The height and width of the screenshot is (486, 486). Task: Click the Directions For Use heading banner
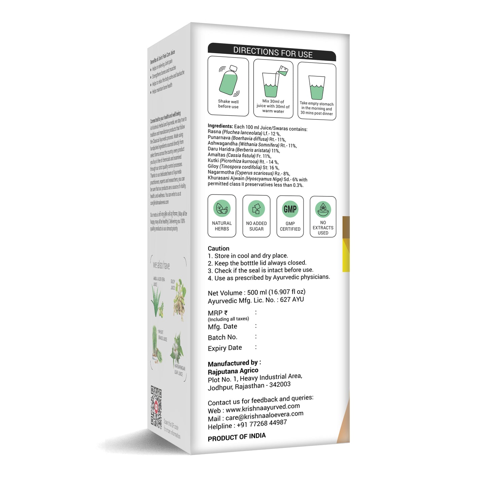(272, 52)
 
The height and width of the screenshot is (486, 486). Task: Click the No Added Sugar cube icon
(256, 209)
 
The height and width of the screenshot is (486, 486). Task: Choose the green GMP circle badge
(290, 209)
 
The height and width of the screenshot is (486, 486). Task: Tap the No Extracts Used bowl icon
(323, 209)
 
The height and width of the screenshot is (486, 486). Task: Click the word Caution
(219, 249)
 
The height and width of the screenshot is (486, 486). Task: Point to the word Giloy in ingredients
(213, 166)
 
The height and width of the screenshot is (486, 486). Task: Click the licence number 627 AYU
(292, 299)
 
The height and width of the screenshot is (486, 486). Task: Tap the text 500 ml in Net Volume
(257, 292)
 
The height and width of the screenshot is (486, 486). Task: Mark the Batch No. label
(223, 337)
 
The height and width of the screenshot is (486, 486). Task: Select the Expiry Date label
(225, 348)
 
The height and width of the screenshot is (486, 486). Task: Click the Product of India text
(237, 437)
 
